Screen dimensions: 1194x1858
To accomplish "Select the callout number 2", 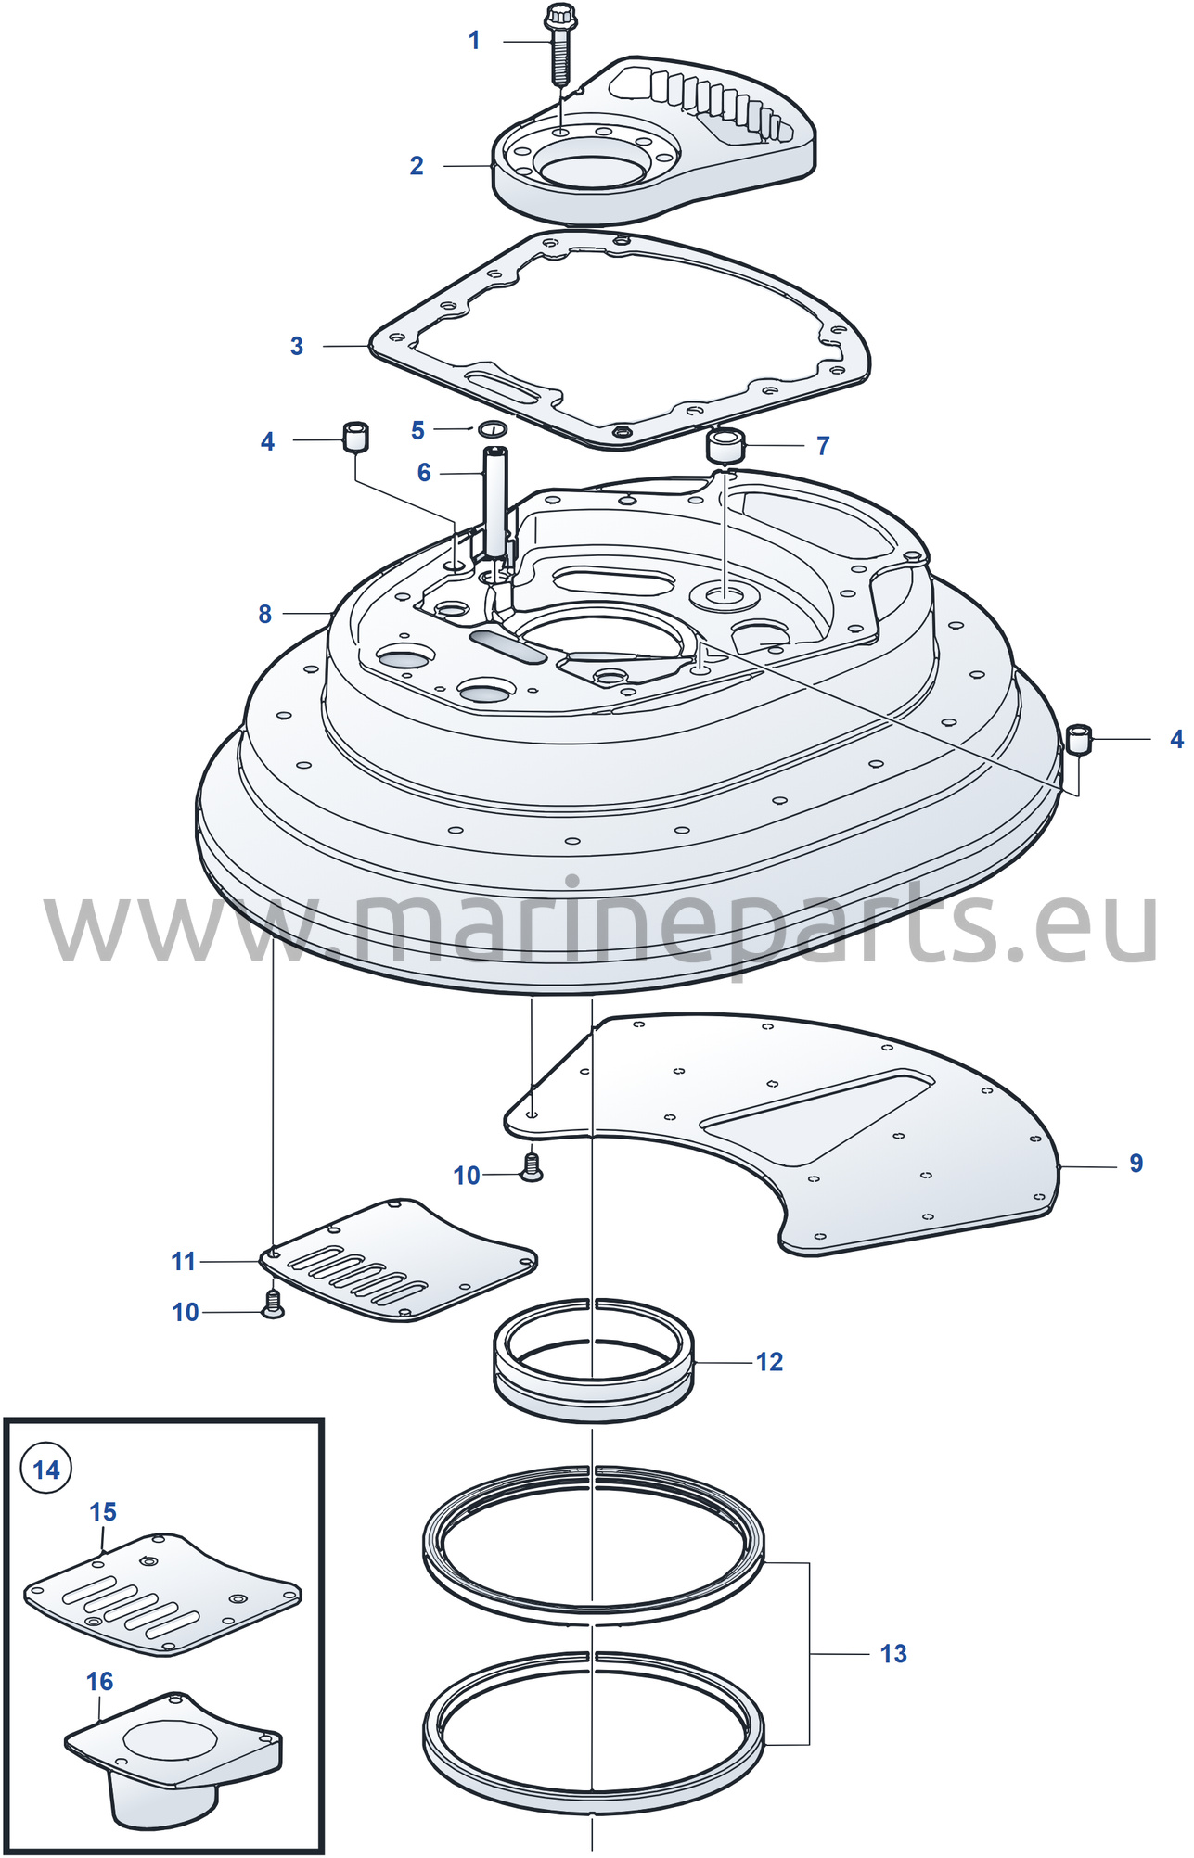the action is coord(417,166).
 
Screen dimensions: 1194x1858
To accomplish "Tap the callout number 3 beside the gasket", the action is coord(297,346).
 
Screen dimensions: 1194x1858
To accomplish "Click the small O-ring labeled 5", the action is coord(492,428).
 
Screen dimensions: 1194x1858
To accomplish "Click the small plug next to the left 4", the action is coord(355,436).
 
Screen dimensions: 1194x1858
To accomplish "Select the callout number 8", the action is coord(265,614).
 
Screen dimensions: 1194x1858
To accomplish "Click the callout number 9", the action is coord(1136,1163).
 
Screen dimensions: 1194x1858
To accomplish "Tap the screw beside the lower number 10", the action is coord(274,1304).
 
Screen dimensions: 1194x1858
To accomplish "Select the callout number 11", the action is coord(184,1261).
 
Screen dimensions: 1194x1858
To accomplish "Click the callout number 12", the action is coord(770,1361).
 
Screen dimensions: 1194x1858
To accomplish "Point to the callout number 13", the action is coord(893,1653).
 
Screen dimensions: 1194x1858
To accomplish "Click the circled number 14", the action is coord(46,1470).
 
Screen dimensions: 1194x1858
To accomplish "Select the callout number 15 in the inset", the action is coord(103,1511).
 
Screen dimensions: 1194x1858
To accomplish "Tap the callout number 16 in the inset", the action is coord(100,1681).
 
